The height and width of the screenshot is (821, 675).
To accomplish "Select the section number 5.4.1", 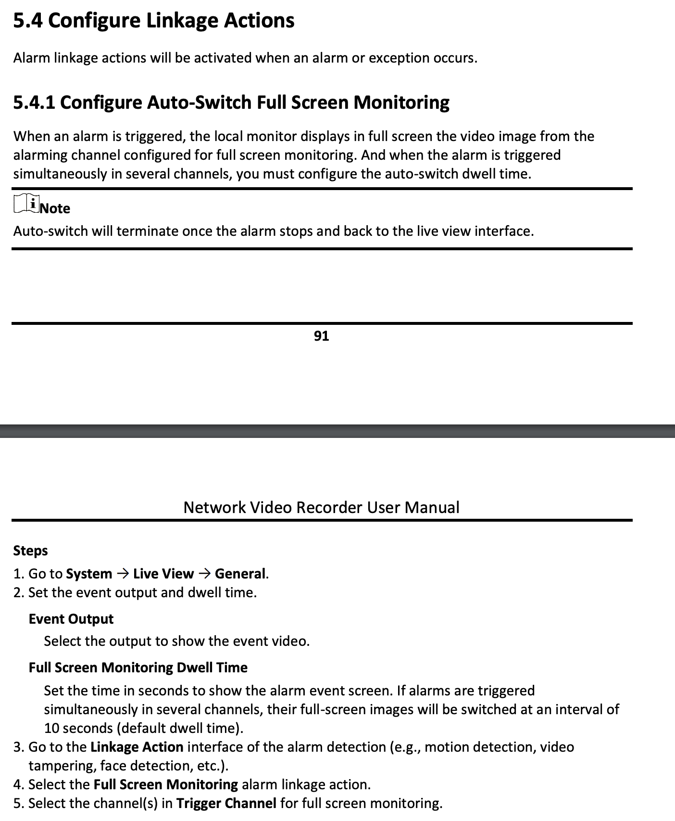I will (34, 103).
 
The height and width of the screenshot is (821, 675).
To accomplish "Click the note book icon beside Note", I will (26, 204).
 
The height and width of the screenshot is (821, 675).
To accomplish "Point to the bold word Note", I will (55, 208).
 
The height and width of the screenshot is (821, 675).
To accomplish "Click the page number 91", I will (321, 336).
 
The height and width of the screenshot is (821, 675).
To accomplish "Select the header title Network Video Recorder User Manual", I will (321, 507).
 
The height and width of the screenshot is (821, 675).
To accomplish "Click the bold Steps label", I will (30, 551).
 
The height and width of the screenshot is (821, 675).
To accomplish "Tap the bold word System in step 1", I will (89, 574).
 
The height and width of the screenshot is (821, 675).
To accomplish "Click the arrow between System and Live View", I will (123, 574).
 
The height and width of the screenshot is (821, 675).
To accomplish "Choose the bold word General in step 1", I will (240, 574).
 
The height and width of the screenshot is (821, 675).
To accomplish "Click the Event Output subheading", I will (71, 619).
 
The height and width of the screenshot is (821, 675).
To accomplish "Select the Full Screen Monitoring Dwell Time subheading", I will (138, 667).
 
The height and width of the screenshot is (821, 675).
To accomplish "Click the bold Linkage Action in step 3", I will (137, 747).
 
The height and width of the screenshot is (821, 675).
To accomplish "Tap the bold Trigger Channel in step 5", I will (226, 803).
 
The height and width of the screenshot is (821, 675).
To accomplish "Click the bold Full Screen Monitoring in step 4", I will (166, 784).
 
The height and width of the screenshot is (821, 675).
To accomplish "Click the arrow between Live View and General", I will (204, 574).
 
